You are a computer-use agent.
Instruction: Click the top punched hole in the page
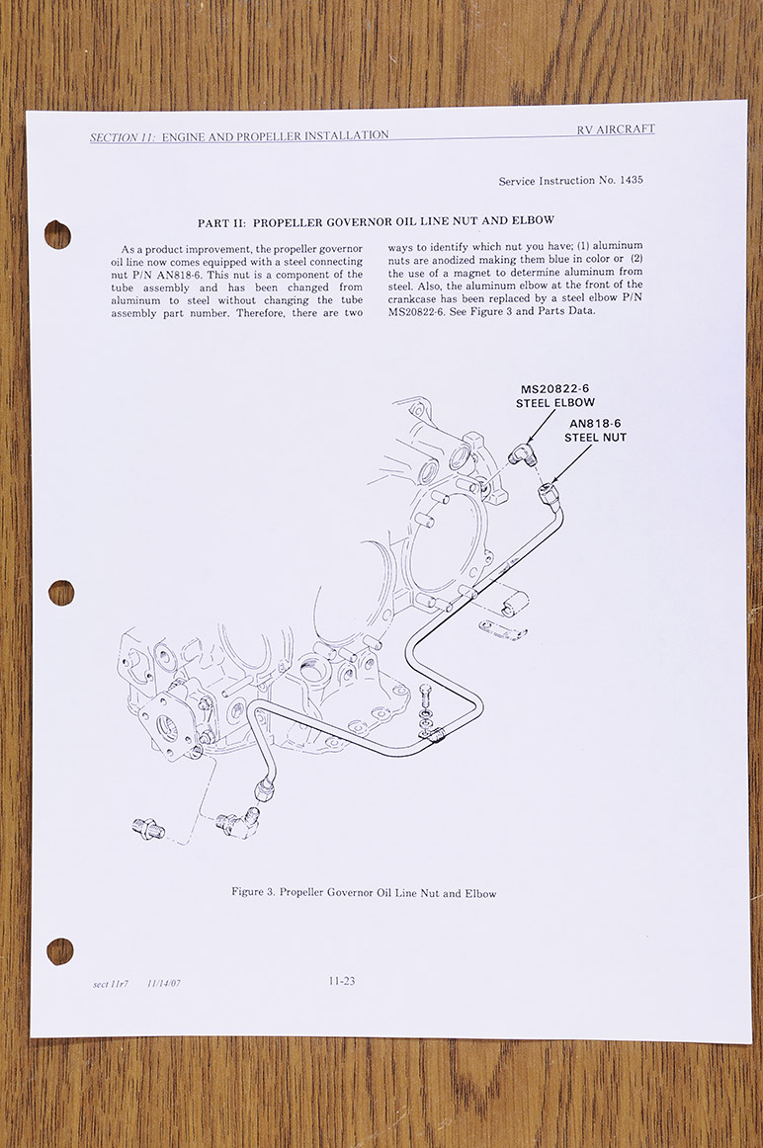(57, 234)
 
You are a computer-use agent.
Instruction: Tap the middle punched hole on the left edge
(60, 593)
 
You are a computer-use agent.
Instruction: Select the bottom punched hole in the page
(59, 951)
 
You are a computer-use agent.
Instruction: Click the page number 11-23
(342, 981)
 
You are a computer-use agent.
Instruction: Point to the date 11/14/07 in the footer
(165, 985)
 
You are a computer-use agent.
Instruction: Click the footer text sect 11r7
(110, 985)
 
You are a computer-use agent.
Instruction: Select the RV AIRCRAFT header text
(616, 129)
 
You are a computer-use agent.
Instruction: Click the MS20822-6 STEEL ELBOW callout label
(555, 396)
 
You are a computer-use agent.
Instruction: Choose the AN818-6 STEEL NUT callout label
(596, 430)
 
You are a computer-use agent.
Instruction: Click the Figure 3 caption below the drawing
(364, 893)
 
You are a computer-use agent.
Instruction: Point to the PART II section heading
(376, 220)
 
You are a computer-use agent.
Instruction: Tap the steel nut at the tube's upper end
(550, 492)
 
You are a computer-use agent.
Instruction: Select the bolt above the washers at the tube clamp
(425, 692)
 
